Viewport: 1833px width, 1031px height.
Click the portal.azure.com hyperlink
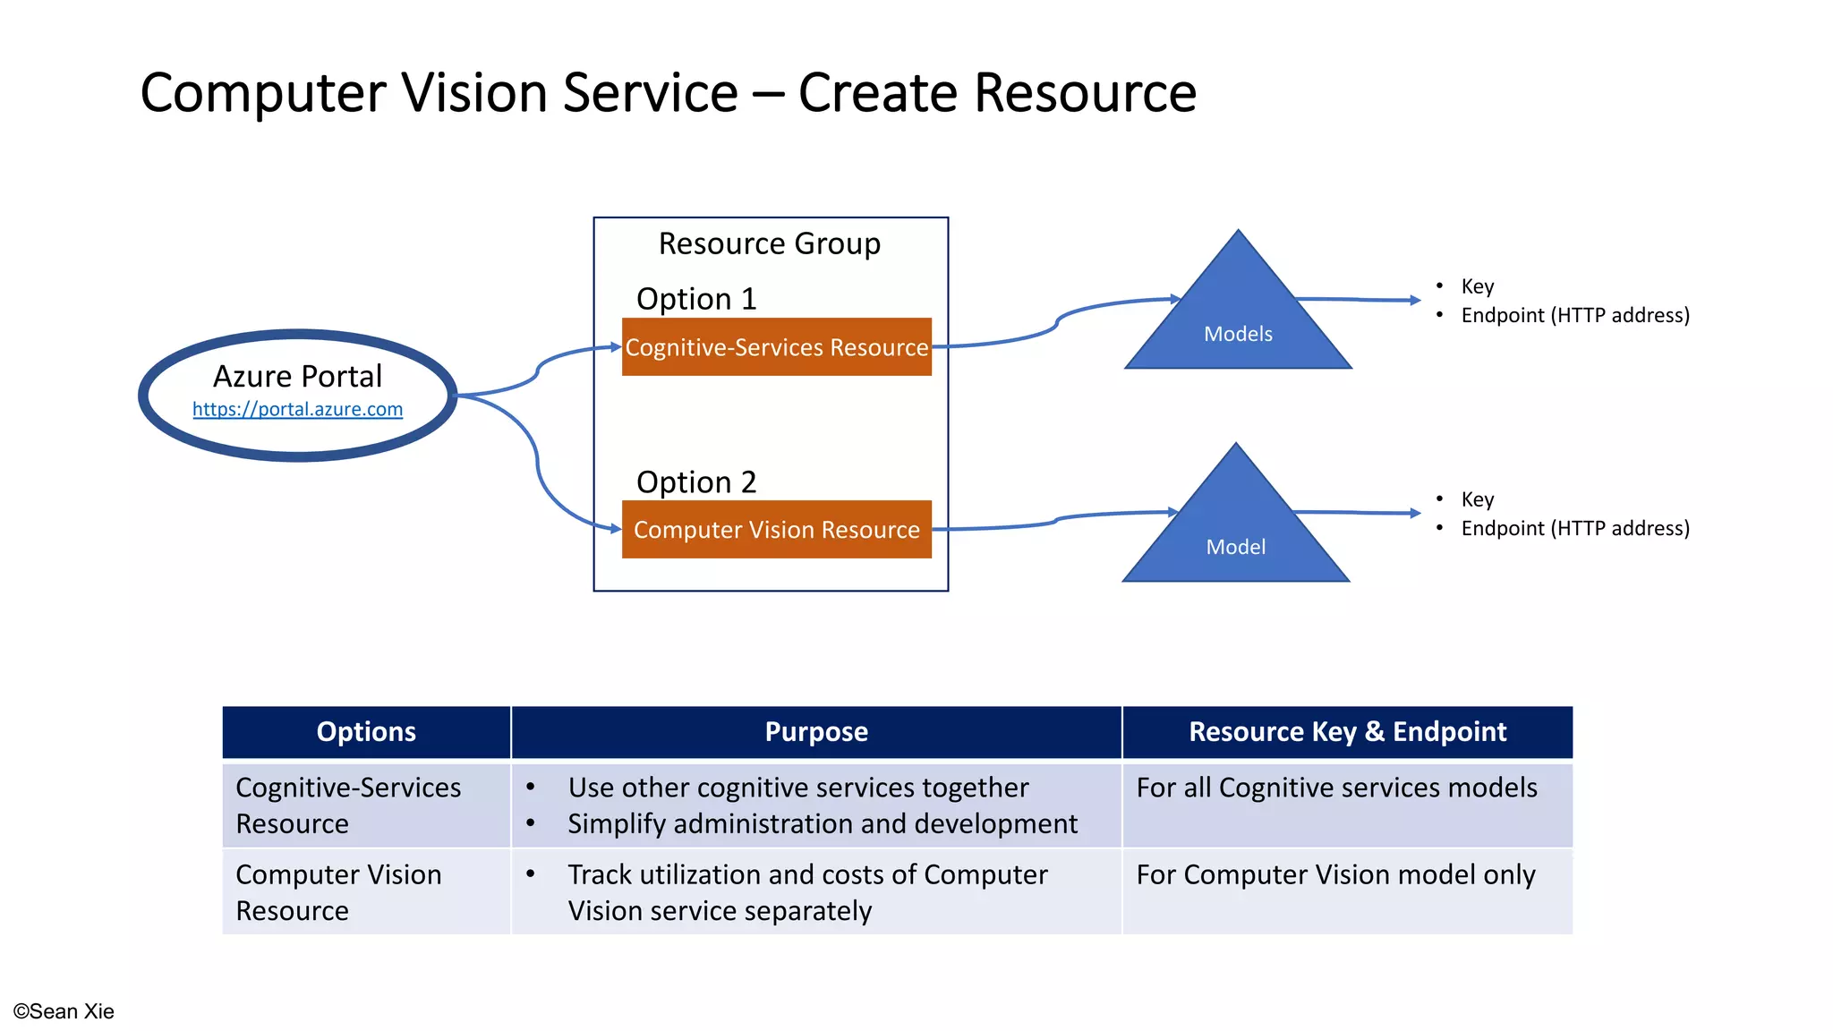297,409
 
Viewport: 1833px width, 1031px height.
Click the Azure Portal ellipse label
297,376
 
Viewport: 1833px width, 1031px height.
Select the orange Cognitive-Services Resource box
776,347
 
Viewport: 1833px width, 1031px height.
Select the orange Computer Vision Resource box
776,530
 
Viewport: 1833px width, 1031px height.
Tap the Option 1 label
696,299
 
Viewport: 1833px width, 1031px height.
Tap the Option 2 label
696,482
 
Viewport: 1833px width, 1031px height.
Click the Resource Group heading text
769,243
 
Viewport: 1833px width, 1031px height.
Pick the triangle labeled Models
1238,322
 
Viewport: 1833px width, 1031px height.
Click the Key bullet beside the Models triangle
1477,286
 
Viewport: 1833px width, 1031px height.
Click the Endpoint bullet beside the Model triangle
1574,528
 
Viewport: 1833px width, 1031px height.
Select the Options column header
366,732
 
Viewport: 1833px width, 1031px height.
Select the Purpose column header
816,732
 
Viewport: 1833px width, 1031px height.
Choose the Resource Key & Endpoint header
1347,732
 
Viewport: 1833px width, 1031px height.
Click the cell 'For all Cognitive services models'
1336,788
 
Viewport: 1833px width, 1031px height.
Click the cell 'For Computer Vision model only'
1335,874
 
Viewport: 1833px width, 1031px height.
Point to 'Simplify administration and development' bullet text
823,823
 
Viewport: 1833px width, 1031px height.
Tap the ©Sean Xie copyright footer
64,1011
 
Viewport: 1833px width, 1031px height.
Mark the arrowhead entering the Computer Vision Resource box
616,529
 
